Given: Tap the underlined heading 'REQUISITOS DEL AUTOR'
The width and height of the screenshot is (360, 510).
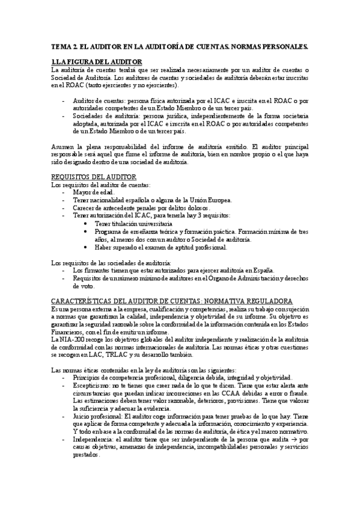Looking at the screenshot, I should point(94,176).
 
